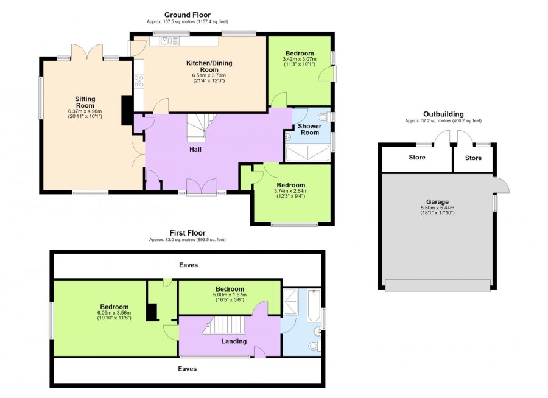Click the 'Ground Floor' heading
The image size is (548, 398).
[x=188, y=15]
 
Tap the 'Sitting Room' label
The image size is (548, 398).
[x=85, y=102]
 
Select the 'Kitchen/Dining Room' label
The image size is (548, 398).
[x=209, y=66]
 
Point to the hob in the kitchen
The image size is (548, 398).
[x=139, y=81]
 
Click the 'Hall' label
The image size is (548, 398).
[x=195, y=149]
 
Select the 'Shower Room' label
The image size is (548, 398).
[x=310, y=129]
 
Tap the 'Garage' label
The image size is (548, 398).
[x=437, y=201]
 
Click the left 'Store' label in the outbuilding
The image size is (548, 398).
[x=417, y=157]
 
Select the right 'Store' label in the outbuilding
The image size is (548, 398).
[x=473, y=158]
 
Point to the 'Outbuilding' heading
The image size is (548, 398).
[x=443, y=114]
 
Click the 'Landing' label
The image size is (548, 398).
[x=234, y=341]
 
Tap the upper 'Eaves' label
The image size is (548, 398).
[x=188, y=265]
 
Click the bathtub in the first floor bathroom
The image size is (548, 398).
[x=314, y=305]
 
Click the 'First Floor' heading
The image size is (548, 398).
[x=188, y=232]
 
